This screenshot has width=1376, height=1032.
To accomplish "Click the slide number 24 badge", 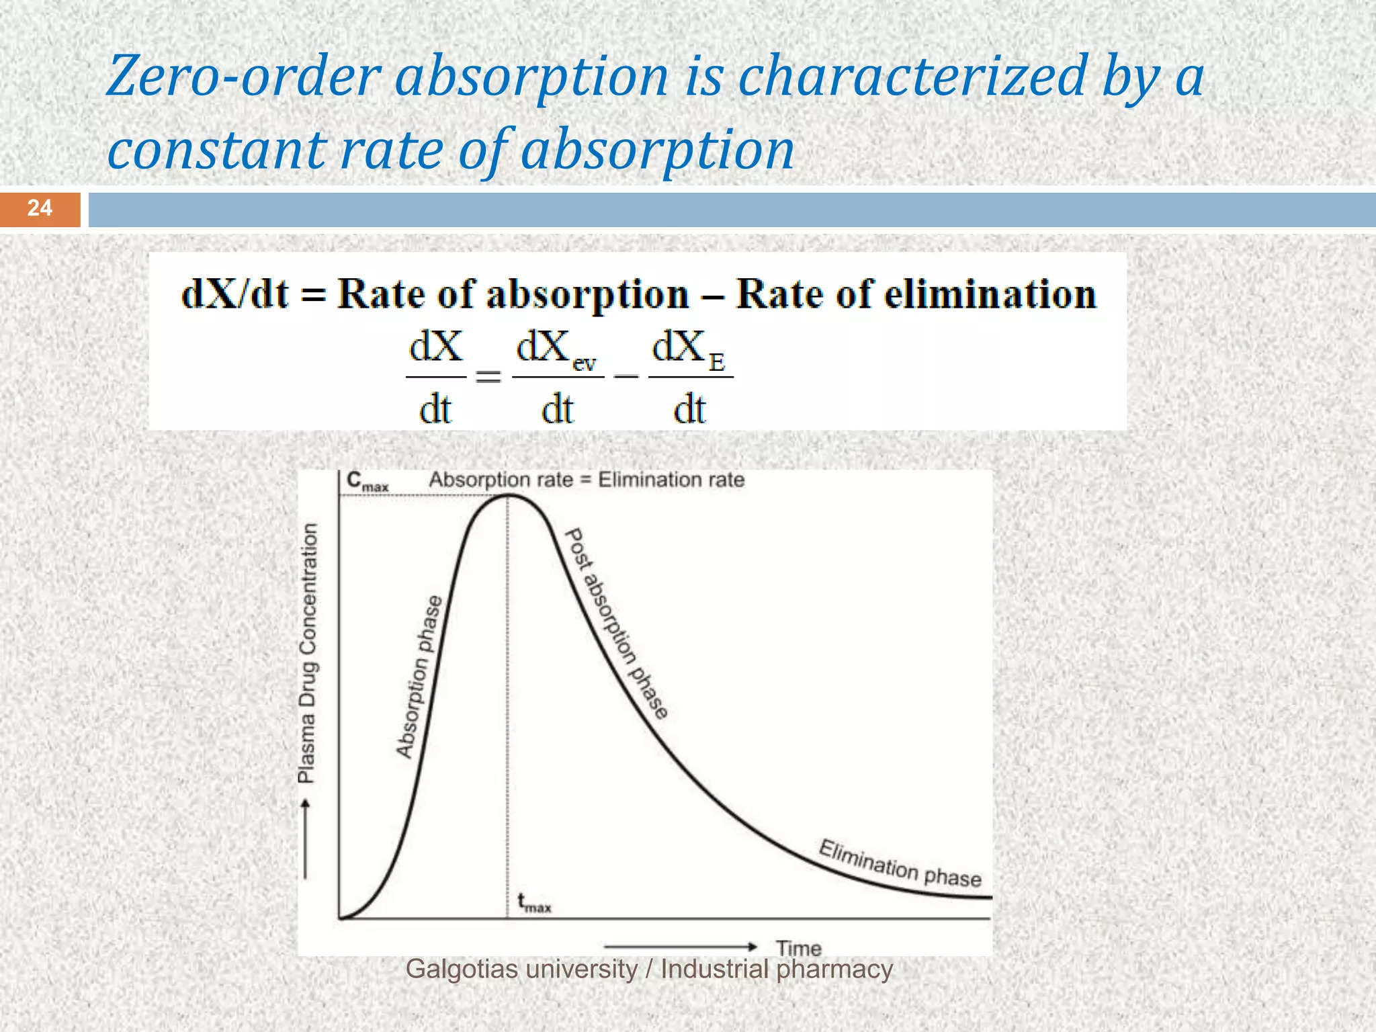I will [x=40, y=208].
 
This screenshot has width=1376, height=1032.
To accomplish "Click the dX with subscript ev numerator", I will [x=556, y=349].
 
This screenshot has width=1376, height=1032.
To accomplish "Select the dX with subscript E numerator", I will [x=689, y=349].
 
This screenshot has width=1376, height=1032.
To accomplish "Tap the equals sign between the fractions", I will [x=488, y=378].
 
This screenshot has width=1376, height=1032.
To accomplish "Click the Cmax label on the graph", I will [x=367, y=481].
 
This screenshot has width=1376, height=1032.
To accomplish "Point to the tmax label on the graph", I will [x=533, y=902].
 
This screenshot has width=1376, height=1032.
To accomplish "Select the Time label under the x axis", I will [x=799, y=948].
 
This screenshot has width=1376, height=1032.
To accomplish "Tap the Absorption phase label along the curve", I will [x=419, y=677].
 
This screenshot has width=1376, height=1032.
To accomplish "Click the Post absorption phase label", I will [x=617, y=624].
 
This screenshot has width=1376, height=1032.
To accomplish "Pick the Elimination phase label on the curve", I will [x=900, y=864].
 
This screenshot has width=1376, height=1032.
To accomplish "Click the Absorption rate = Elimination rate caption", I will [x=587, y=480].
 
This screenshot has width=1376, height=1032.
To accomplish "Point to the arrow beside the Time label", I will [x=681, y=947].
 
